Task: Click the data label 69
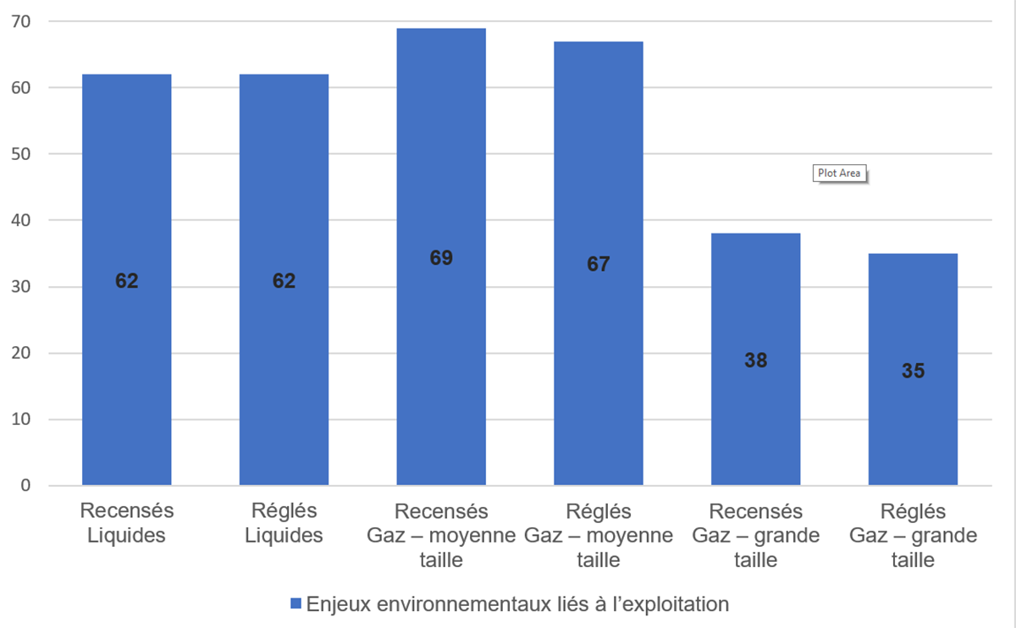pos(441,258)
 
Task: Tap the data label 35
pos(913,371)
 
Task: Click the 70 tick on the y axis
pos(20,21)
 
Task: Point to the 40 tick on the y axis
pos(20,220)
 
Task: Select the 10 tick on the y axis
pos(20,420)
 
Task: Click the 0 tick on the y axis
pos(25,486)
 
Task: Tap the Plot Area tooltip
pos(839,174)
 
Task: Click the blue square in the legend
pos(295,604)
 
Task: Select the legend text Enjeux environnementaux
pos(517,604)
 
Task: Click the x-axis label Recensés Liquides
pos(126,523)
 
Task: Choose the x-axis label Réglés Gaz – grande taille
pos(913,535)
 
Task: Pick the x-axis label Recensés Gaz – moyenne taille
pos(441,535)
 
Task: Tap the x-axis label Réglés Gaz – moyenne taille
pos(599,535)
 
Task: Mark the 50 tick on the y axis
pos(20,154)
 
